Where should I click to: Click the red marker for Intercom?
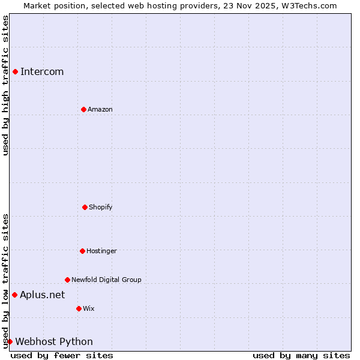(x=15, y=72)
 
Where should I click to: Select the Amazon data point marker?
(x=83, y=109)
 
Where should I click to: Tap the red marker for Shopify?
(x=85, y=207)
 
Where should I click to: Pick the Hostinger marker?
(x=82, y=251)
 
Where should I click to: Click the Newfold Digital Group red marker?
(x=67, y=280)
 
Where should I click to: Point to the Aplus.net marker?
(x=14, y=295)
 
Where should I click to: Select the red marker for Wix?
(x=79, y=308)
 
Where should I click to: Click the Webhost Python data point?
(x=10, y=341)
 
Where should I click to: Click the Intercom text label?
(x=42, y=72)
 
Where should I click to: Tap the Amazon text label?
(x=100, y=109)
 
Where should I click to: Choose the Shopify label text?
(x=101, y=207)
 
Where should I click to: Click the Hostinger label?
(x=101, y=251)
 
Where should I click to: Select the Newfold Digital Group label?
(x=106, y=280)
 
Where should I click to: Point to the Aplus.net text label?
(x=42, y=295)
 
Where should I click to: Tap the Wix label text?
(x=89, y=308)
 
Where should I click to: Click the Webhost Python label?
(x=54, y=341)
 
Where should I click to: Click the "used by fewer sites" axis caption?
(x=62, y=355)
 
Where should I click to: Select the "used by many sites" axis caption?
(x=301, y=355)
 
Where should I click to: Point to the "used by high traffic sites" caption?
(x=6, y=85)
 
